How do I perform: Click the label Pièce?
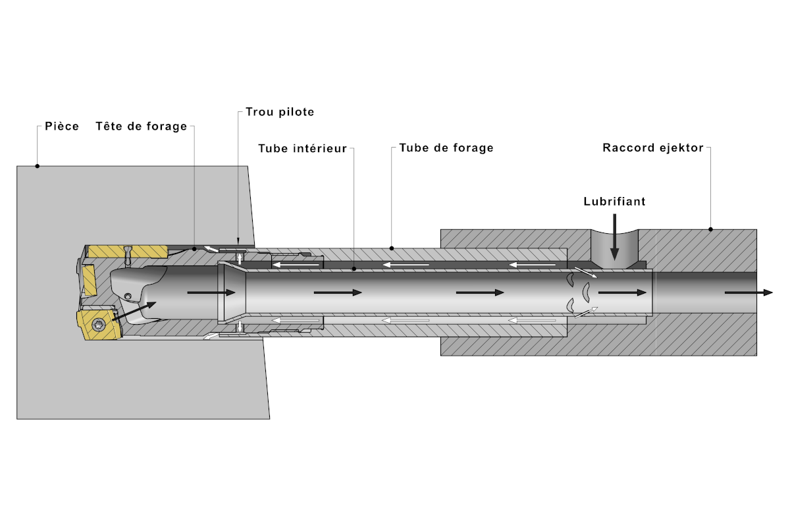[62, 126]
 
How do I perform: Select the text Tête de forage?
[141, 126]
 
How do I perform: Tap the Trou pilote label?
[280, 112]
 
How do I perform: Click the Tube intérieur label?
[302, 148]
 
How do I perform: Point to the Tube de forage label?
[446, 148]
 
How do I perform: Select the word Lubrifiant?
[614, 202]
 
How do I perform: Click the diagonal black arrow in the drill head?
[135, 311]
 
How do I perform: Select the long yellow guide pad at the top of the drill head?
[128, 251]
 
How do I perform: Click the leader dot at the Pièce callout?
[37, 166]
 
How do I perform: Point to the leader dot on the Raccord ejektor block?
[710, 229]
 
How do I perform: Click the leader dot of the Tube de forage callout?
[392, 248]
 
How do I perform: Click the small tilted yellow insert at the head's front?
[89, 281]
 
